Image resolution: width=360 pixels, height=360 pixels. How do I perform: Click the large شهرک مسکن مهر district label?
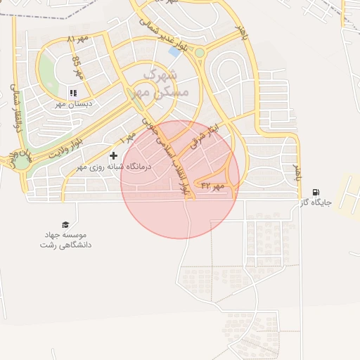click(x=166, y=82)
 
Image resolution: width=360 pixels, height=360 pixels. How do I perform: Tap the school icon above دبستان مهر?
click(x=72, y=93)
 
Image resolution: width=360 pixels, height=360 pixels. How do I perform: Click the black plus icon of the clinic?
click(x=113, y=155)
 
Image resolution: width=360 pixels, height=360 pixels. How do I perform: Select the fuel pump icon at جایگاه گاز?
click(x=316, y=192)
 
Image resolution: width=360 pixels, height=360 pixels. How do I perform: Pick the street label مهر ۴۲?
click(x=212, y=186)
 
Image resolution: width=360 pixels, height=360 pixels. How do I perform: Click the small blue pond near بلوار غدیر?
click(x=174, y=51)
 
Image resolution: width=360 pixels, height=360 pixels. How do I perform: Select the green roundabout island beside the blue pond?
click(x=200, y=53)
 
